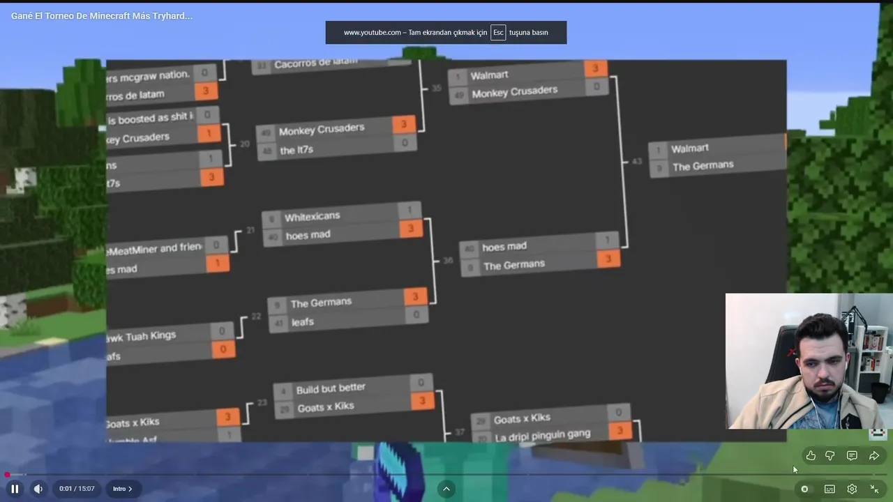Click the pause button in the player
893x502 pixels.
(x=15, y=489)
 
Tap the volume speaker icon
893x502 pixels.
(x=38, y=489)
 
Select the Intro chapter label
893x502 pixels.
(x=122, y=489)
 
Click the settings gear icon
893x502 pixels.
(x=852, y=489)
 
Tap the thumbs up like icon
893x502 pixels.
(x=811, y=455)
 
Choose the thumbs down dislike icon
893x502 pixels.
(x=830, y=455)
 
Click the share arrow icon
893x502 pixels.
(x=874, y=455)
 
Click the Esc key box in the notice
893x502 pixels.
(x=498, y=33)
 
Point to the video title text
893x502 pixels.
(x=102, y=15)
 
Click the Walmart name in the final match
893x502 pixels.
(x=689, y=149)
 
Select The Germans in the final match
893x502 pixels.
(x=703, y=166)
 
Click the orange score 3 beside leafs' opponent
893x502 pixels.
(x=414, y=296)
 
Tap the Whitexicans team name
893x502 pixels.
(x=312, y=217)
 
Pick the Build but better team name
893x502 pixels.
(x=331, y=389)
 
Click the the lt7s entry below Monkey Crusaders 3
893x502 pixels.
(x=297, y=150)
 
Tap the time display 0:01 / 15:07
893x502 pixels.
(x=77, y=489)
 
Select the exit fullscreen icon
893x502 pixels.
(x=874, y=489)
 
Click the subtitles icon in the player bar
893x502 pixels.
(x=830, y=489)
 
